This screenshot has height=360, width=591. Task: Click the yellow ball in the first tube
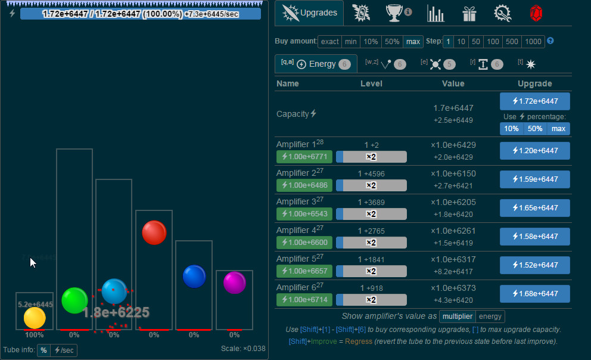[x=35, y=318]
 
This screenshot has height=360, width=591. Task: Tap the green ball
[x=74, y=300]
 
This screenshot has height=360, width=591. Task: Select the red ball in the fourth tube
[x=154, y=232]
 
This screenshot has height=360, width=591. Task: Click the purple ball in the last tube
[x=235, y=283]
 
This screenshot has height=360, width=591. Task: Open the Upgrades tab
[x=309, y=13]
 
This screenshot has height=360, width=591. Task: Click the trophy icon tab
[x=394, y=13]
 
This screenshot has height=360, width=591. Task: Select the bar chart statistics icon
[x=436, y=13]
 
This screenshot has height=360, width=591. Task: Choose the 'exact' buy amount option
[x=329, y=42]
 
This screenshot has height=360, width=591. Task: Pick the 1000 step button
[x=533, y=42]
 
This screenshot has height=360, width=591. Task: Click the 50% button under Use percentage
[x=534, y=129]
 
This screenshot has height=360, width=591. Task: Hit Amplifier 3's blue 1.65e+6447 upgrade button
[x=534, y=208]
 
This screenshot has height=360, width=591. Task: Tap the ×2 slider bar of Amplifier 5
[x=371, y=271]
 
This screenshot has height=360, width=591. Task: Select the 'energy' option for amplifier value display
[x=490, y=316]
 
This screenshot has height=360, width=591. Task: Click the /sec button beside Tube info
[x=64, y=350]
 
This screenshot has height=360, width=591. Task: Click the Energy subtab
[x=316, y=64]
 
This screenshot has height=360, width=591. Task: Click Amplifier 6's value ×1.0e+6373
[x=453, y=288]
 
